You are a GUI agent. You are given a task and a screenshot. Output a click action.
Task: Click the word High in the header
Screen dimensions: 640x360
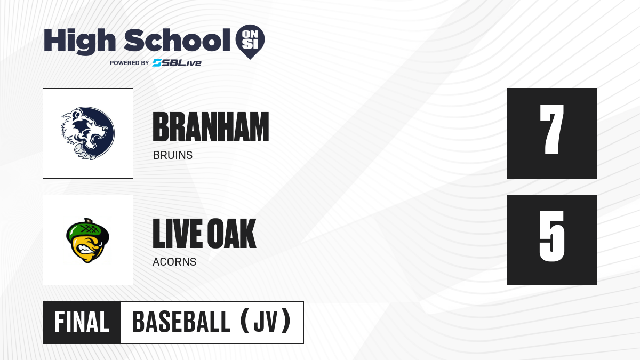click(79, 41)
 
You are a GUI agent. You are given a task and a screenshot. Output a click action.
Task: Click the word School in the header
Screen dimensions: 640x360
click(177, 40)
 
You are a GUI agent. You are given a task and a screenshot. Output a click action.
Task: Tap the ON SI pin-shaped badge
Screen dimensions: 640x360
click(250, 42)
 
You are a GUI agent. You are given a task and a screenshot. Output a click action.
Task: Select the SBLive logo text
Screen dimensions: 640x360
click(177, 63)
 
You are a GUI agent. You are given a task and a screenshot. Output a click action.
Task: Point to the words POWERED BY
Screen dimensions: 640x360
click(130, 63)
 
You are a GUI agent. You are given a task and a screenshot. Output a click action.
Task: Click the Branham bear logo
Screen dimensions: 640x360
click(88, 133)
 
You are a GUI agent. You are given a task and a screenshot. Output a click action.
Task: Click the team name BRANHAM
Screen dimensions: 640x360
click(211, 127)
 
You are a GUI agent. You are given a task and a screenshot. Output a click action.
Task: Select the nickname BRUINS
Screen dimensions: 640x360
click(173, 155)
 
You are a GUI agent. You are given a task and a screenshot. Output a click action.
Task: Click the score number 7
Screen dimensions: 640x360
click(551, 130)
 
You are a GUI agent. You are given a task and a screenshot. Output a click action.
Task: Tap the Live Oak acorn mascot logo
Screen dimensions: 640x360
click(87, 241)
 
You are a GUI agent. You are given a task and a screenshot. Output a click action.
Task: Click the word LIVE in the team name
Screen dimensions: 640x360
click(178, 234)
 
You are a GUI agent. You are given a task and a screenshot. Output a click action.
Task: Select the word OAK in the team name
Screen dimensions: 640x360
click(231, 234)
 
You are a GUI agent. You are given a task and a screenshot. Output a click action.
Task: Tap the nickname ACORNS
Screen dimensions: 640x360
click(174, 262)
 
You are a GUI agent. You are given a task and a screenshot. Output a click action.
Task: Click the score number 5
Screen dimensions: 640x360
click(551, 236)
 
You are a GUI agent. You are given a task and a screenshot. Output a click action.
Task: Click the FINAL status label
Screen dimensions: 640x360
click(82, 322)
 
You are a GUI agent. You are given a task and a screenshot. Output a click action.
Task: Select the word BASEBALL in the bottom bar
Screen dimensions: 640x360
click(181, 322)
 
